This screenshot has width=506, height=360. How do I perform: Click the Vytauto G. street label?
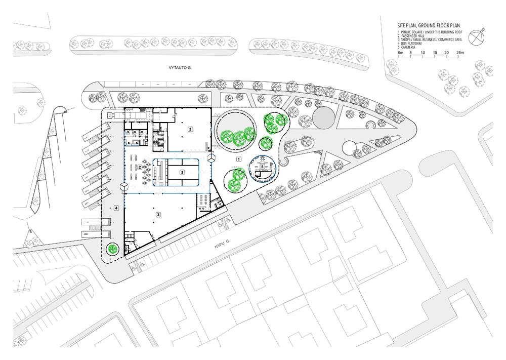pos(178,68)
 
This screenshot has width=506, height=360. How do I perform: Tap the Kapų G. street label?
pos(222,246)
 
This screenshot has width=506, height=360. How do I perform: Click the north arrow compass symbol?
pos(476,37)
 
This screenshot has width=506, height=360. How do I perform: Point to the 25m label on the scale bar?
pos(460,52)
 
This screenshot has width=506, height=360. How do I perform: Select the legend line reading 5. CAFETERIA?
pos(407,47)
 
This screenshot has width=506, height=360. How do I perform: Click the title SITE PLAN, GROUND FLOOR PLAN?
pos(429,25)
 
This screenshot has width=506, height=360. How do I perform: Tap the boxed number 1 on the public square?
pos(239,159)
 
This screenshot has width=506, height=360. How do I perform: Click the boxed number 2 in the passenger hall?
pos(140,167)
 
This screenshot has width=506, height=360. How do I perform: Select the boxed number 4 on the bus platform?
pos(116,208)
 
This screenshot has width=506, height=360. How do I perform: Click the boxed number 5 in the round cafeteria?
pos(262,167)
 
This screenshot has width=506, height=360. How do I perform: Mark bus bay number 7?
pos(86,222)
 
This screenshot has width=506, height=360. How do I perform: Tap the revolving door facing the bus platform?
pos(124,186)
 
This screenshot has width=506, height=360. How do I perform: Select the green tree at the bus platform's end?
pos(113,249)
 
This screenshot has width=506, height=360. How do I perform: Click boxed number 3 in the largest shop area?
pos(158,214)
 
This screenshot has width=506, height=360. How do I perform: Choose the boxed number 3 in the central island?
pos(182,172)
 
